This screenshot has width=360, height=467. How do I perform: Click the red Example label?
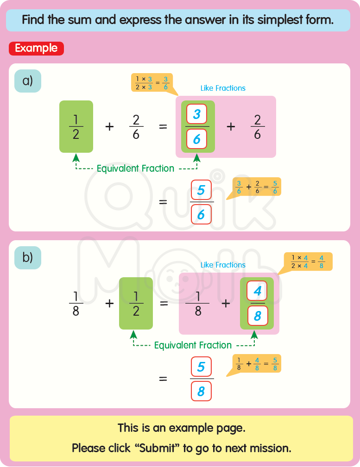pyautogui.click(x=36, y=48)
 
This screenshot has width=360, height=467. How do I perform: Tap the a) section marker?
pyautogui.click(x=28, y=81)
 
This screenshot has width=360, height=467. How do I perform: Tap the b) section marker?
pyautogui.click(x=28, y=258)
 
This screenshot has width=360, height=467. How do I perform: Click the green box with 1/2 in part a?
pyautogui.click(x=76, y=126)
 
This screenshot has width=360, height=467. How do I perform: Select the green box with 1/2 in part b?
pyautogui.click(x=136, y=303)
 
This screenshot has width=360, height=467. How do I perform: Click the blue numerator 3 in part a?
pyautogui.click(x=196, y=114)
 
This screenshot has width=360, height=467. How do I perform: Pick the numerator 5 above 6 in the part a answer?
pyautogui.click(x=201, y=190)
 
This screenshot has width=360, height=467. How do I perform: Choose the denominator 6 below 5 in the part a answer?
pyautogui.click(x=201, y=214)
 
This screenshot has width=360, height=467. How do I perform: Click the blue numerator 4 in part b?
pyautogui.click(x=257, y=291)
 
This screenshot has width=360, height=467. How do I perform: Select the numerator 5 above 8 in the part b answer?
pyautogui.click(x=201, y=367)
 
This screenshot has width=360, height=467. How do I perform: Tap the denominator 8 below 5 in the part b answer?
pyautogui.click(x=201, y=391)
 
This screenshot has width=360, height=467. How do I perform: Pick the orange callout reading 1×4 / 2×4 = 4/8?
pyautogui.click(x=308, y=262)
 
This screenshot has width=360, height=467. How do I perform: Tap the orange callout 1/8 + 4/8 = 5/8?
pyautogui.click(x=256, y=364)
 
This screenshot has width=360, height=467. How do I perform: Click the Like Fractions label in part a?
pyautogui.click(x=223, y=88)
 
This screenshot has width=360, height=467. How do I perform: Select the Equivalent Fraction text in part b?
pyautogui.click(x=193, y=345)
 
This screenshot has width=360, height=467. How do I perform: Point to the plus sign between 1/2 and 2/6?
pyautogui.click(x=109, y=126)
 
